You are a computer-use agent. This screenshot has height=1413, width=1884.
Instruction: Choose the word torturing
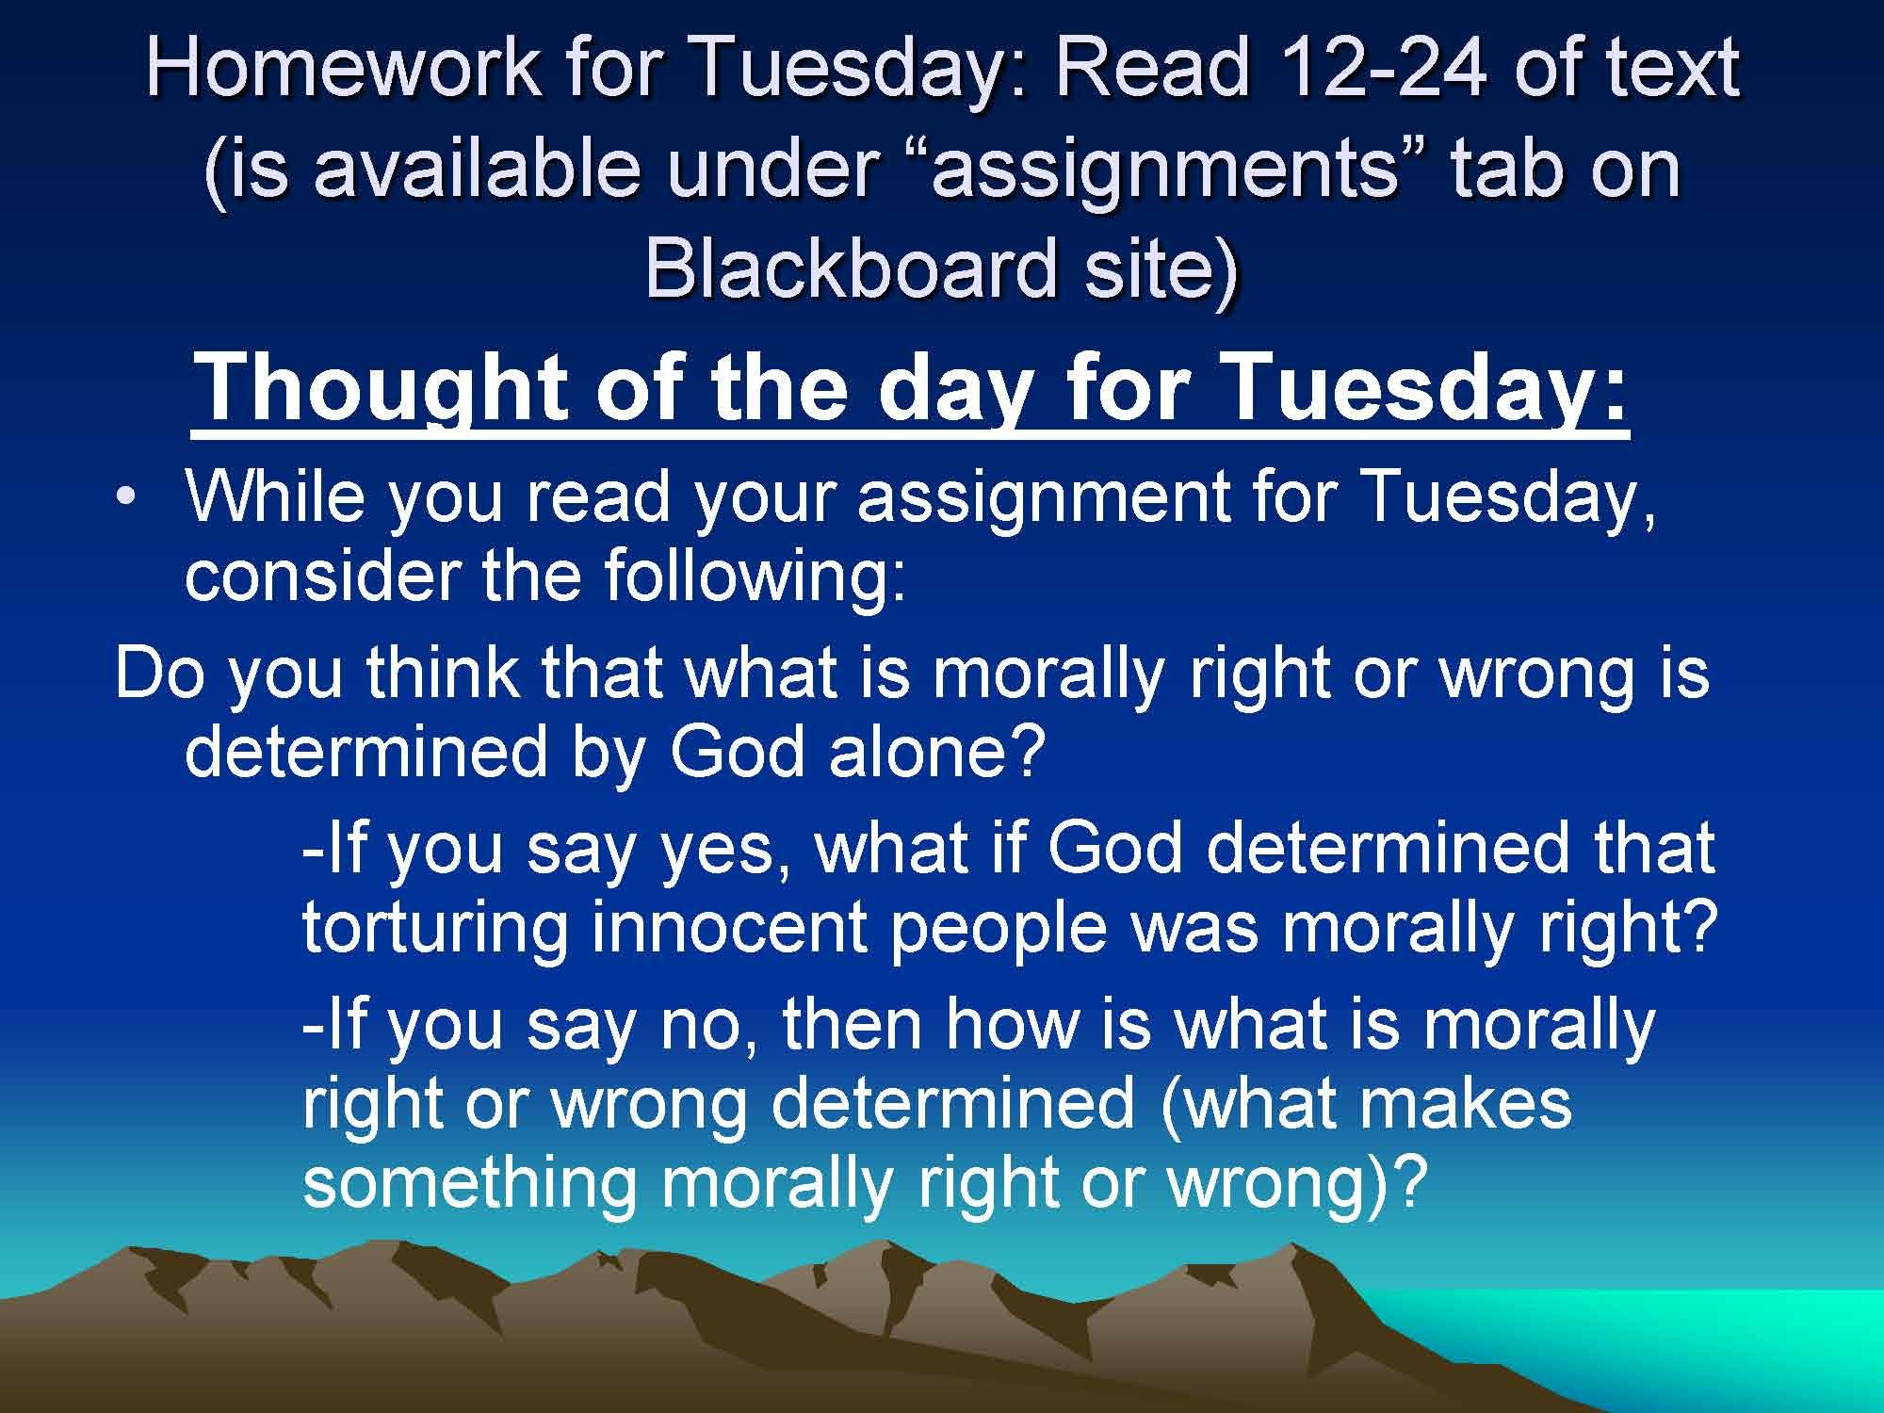(435, 929)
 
